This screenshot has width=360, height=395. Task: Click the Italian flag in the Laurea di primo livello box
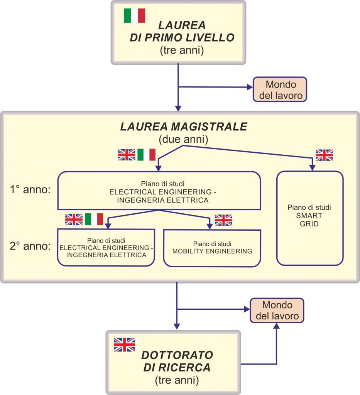tap(134, 15)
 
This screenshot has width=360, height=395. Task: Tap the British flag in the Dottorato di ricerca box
tap(124, 344)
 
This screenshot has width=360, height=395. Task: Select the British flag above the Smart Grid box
tap(324, 155)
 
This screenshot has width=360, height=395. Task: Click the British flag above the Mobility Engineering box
tap(223, 220)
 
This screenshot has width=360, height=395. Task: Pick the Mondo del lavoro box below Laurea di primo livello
tap(280, 89)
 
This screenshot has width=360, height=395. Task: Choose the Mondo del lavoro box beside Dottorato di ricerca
tap(276, 311)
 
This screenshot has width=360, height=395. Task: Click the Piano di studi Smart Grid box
tap(310, 218)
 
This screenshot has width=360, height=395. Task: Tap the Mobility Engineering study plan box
tap(212, 248)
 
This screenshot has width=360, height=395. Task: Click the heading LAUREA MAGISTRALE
tap(183, 127)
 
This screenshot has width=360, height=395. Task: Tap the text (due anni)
tap(183, 139)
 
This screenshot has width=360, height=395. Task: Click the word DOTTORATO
tap(177, 355)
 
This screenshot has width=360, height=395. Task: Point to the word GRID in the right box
tap(309, 223)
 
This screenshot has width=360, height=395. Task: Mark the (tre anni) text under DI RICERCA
tap(177, 380)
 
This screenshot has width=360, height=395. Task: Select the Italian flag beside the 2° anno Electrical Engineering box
tap(94, 219)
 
